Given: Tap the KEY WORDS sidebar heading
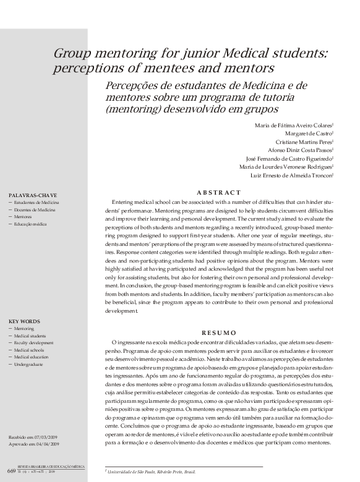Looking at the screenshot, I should click(25, 321).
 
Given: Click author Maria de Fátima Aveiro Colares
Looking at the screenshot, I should click(294, 125).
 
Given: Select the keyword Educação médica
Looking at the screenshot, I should click(35, 224).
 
